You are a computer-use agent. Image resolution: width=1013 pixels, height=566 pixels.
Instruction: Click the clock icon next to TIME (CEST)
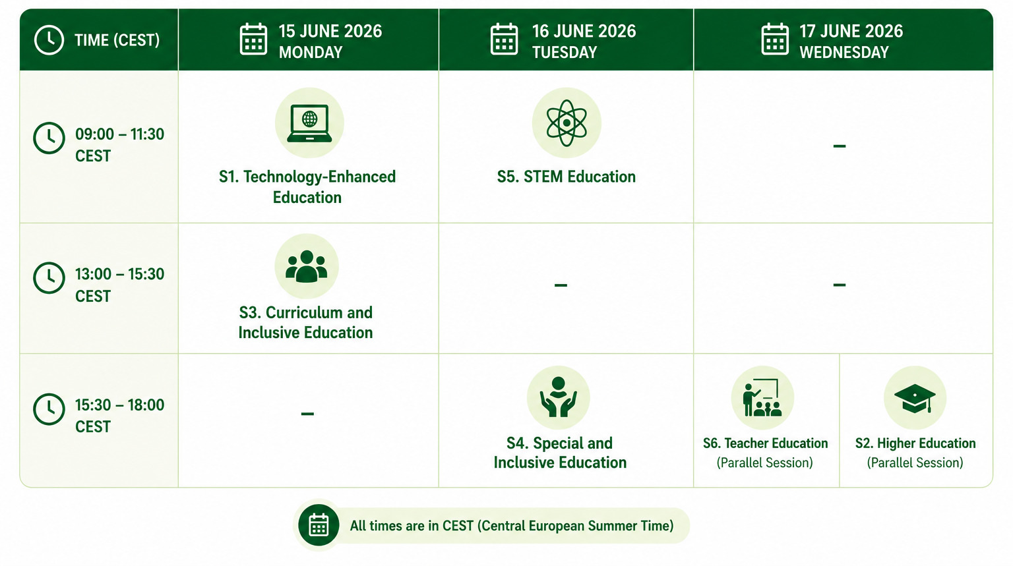tap(49, 40)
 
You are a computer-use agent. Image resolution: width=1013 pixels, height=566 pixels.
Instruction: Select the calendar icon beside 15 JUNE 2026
tap(253, 40)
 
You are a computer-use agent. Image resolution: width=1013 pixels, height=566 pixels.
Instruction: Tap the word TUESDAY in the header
tap(565, 53)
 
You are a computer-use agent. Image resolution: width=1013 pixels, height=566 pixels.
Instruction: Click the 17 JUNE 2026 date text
tap(851, 31)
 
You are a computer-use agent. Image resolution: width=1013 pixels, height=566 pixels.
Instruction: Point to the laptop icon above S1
tap(309, 123)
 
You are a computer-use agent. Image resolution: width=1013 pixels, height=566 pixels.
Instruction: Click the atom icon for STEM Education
tap(567, 123)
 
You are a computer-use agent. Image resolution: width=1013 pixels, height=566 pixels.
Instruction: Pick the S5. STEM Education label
tap(567, 177)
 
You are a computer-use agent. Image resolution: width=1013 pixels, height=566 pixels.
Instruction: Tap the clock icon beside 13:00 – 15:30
tap(49, 278)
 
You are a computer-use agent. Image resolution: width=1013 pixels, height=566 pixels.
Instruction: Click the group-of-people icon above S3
tap(306, 266)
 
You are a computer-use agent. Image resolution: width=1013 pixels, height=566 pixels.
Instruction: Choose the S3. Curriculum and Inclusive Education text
tap(306, 322)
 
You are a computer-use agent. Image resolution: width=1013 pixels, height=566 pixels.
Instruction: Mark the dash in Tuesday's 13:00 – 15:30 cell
tap(561, 285)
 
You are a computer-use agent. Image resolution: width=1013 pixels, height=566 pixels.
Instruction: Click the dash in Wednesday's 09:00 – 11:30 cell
tap(840, 146)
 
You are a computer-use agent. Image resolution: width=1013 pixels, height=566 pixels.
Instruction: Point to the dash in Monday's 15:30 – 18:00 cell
tap(307, 413)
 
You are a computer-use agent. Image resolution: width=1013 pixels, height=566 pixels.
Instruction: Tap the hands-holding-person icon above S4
tap(559, 397)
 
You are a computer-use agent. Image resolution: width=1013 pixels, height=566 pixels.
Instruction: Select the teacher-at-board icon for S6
tap(762, 397)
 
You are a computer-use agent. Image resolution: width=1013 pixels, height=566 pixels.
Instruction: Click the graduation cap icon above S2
tap(915, 398)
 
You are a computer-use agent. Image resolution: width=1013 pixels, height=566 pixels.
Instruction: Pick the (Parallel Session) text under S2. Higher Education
tap(915, 463)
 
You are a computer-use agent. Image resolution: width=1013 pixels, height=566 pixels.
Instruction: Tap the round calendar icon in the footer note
tap(319, 525)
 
